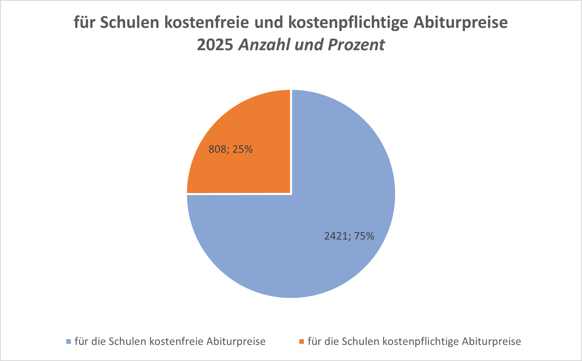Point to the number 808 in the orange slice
217,150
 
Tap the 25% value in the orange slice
243,150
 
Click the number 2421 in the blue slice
336,236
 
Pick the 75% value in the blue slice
364,236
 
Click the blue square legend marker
69,341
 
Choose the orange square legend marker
301,341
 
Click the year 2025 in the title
215,45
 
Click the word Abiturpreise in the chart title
460,22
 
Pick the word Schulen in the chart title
129,22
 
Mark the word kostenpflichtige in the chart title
348,22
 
